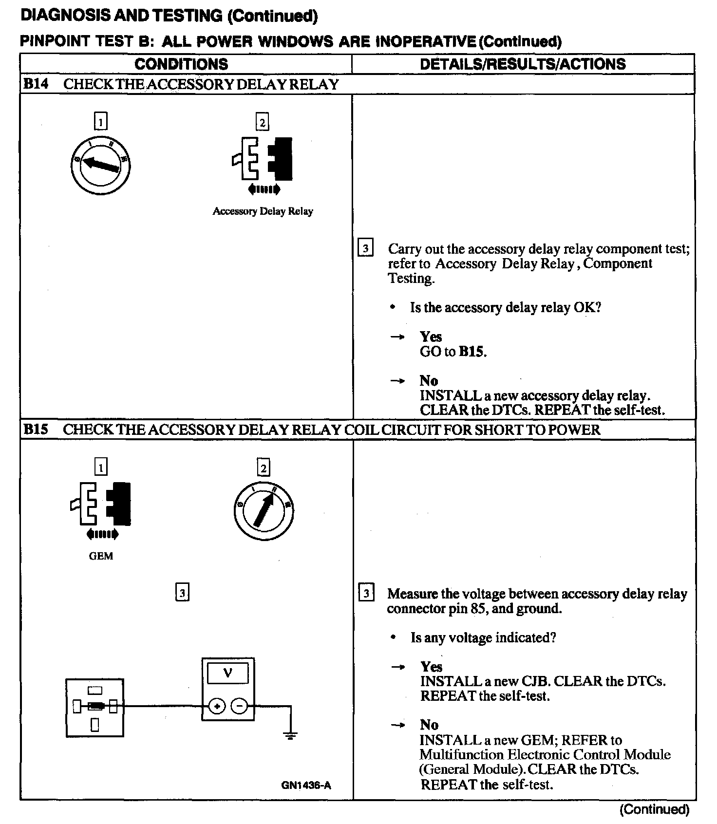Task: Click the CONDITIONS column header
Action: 181,64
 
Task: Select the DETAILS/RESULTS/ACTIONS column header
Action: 523,64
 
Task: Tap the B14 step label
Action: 36,84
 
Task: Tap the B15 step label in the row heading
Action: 36,430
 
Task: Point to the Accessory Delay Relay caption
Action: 263,211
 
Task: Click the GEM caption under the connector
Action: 101,556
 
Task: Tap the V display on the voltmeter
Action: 227,674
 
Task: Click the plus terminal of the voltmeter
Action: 217,706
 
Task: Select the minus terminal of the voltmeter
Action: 239,706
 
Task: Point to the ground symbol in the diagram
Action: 290,735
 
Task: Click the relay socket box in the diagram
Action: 95,708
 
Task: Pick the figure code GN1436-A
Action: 306,785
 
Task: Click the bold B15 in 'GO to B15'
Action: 472,352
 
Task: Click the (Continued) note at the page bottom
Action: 654,809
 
